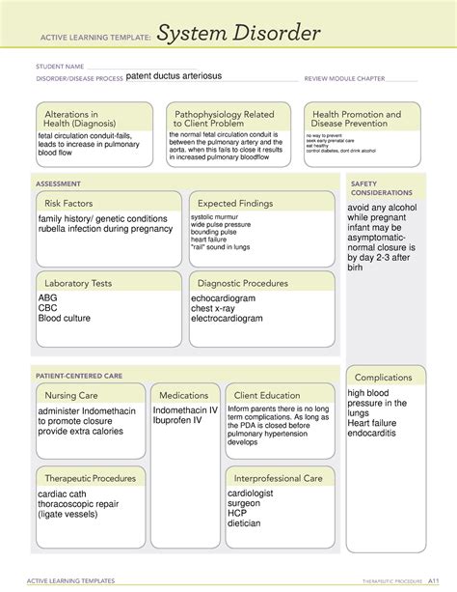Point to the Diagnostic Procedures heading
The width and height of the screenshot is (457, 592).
(x=243, y=283)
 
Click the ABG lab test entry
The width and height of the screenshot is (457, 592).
(x=49, y=299)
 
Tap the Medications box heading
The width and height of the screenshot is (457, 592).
(x=183, y=395)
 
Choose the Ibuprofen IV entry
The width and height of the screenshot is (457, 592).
(x=179, y=420)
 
